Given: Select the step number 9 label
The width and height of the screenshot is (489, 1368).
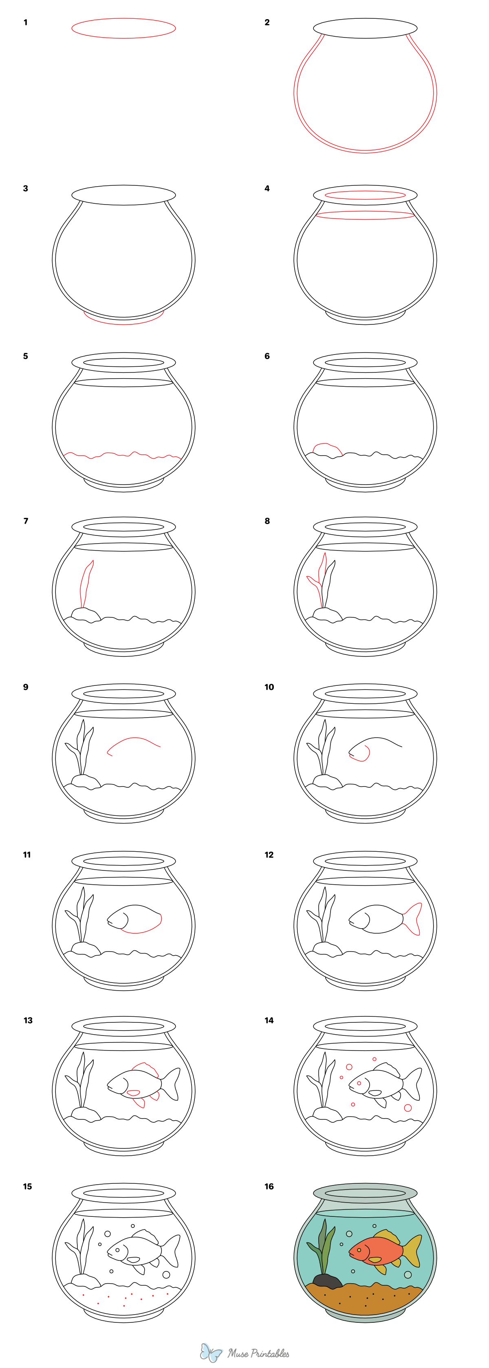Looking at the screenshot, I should pyautogui.click(x=26, y=687).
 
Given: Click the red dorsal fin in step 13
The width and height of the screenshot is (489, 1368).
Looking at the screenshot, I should pyautogui.click(x=145, y=1066).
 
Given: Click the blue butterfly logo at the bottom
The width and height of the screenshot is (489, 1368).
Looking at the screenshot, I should pyautogui.click(x=211, y=1352).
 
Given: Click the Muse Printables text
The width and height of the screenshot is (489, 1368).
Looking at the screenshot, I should pyautogui.click(x=259, y=1353).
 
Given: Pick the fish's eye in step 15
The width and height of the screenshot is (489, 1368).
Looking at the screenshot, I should pyautogui.click(x=117, y=1250).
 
